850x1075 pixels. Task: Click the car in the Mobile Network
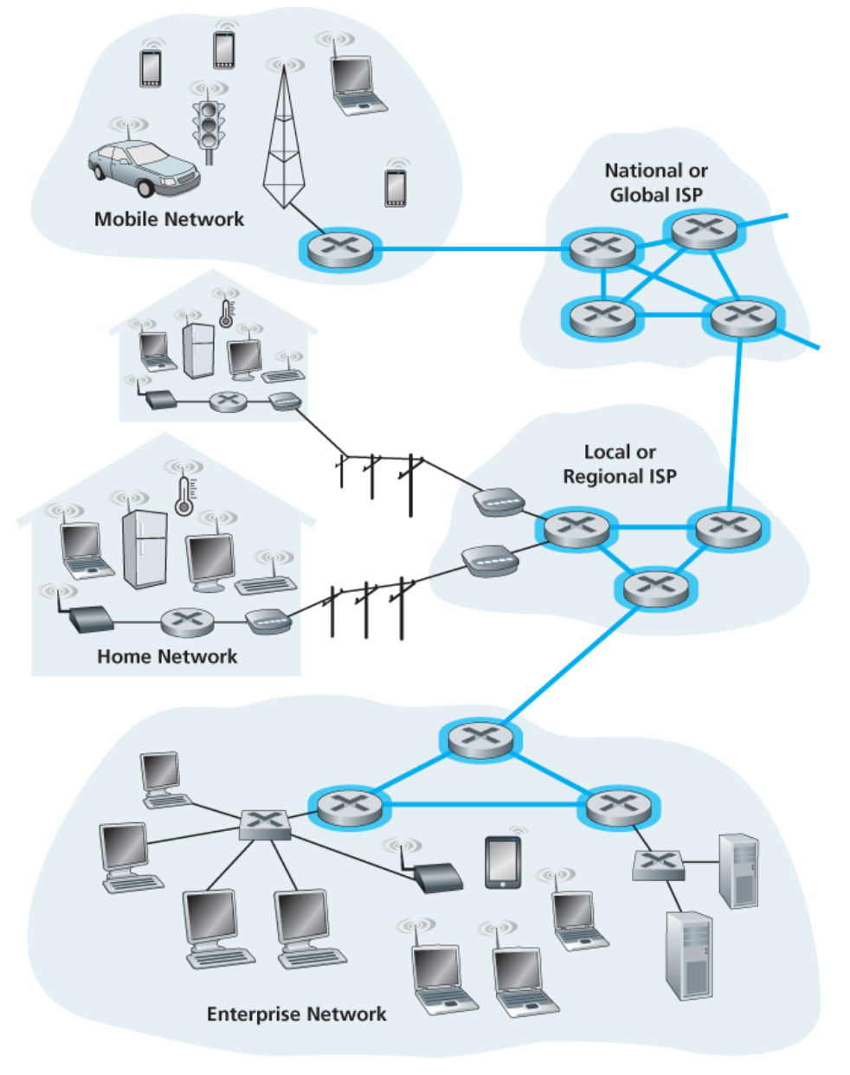(x=143, y=167)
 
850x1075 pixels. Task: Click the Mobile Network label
(x=169, y=219)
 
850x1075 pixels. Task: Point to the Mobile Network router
(x=339, y=248)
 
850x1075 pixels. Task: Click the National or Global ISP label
(x=656, y=183)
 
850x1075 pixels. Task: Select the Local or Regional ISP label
(x=620, y=464)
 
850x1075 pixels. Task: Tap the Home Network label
(x=167, y=656)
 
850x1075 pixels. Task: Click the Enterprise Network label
(x=296, y=1014)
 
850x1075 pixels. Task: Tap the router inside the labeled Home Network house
(x=186, y=620)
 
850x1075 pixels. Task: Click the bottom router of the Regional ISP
(x=655, y=588)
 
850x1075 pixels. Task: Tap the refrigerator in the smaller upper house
(x=198, y=351)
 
